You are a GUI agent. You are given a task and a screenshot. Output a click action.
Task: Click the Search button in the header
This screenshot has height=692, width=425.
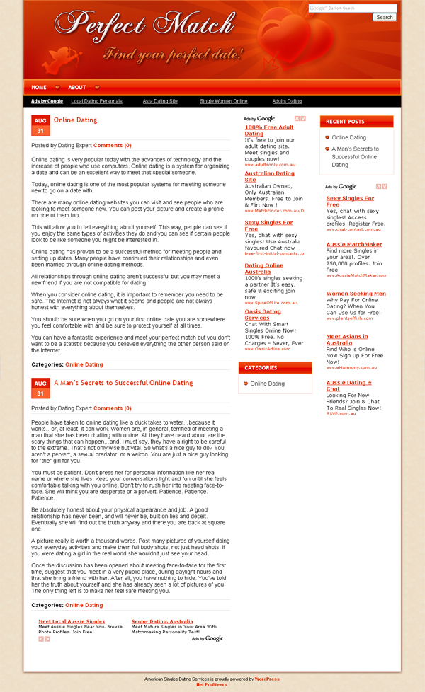pyautogui.click(x=385, y=17)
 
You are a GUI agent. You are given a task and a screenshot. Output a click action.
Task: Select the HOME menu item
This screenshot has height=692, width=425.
pyautogui.click(x=39, y=88)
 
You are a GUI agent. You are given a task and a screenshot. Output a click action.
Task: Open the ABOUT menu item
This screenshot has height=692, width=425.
pyautogui.click(x=77, y=88)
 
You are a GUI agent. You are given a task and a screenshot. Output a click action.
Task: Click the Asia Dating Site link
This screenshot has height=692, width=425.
pyautogui.click(x=160, y=101)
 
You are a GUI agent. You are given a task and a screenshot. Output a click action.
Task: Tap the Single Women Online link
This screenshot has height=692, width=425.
pyautogui.click(x=224, y=101)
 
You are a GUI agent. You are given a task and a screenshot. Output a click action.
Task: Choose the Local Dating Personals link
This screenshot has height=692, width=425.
pyautogui.click(x=96, y=101)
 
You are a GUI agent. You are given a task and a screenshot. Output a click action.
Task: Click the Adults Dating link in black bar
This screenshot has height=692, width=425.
pyautogui.click(x=287, y=101)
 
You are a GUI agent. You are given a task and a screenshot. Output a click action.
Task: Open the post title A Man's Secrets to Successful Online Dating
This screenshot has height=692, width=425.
pyautogui.click(x=123, y=383)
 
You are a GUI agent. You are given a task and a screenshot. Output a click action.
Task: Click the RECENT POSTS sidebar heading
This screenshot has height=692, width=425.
pyautogui.click(x=346, y=122)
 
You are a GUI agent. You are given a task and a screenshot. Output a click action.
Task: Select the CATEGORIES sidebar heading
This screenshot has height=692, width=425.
pyautogui.click(x=261, y=368)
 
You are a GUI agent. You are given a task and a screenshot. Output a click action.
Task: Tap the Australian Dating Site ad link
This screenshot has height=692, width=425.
pyautogui.click(x=269, y=176)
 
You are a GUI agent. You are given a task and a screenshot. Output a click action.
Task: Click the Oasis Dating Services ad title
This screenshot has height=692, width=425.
pyautogui.click(x=263, y=314)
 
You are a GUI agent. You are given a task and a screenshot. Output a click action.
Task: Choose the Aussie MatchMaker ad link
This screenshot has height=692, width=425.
pyautogui.click(x=354, y=244)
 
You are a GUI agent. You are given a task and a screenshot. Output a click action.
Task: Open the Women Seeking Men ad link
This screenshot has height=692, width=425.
pyautogui.click(x=356, y=293)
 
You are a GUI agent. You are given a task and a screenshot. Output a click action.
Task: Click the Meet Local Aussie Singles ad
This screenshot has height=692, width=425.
pyautogui.click(x=72, y=621)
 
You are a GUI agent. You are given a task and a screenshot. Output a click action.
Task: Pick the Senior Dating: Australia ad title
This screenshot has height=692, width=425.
pyautogui.click(x=162, y=621)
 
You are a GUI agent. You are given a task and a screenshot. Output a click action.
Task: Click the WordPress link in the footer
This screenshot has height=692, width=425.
pyautogui.click(x=267, y=679)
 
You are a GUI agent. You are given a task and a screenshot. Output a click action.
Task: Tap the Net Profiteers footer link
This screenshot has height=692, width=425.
pyautogui.click(x=212, y=684)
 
